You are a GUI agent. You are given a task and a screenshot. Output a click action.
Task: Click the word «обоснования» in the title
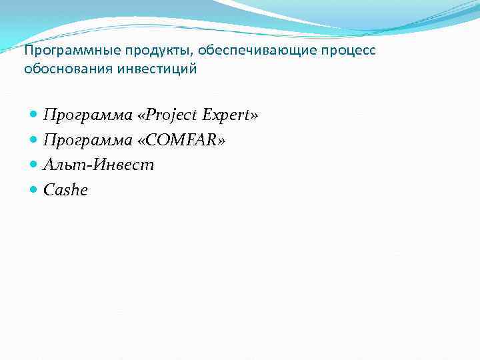(x=60, y=69)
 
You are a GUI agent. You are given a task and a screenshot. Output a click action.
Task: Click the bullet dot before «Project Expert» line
(x=34, y=115)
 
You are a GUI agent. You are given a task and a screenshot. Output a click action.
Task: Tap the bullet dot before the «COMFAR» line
(x=34, y=140)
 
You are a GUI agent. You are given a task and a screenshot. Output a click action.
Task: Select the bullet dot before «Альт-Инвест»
(x=34, y=165)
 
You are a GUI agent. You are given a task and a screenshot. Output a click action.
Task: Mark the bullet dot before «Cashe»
(x=34, y=191)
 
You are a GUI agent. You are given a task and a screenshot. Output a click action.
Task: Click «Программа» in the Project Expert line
(x=88, y=115)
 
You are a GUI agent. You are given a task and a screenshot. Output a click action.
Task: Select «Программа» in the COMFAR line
(x=88, y=140)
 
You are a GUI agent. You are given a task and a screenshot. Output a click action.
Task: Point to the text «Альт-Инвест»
(x=99, y=165)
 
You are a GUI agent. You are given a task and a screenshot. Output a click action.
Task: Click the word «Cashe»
(x=65, y=191)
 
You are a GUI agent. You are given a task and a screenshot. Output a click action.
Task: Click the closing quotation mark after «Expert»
(x=253, y=116)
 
